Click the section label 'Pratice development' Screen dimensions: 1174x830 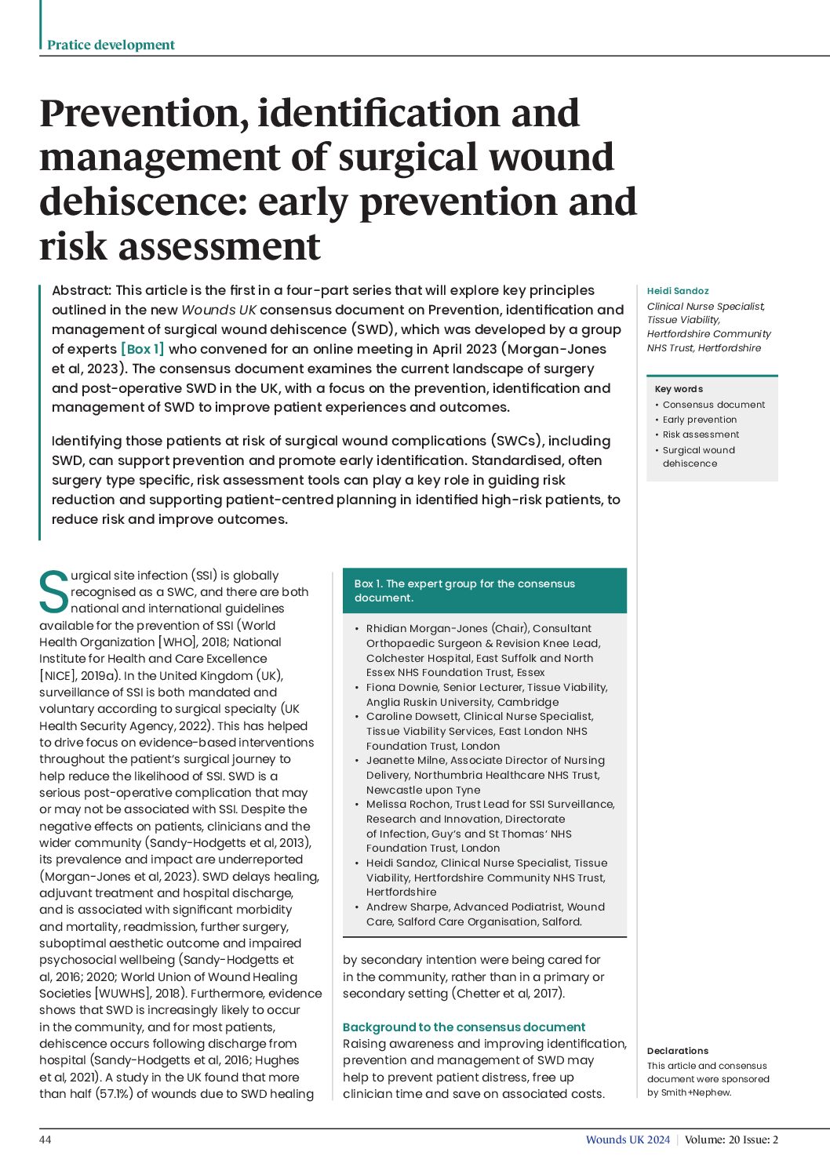[x=111, y=45]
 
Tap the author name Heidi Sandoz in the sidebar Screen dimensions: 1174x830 [x=677, y=291]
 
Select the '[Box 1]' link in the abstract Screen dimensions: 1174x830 [x=142, y=349]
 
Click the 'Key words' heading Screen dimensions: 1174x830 [x=679, y=389]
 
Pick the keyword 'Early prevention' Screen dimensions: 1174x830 [x=699, y=420]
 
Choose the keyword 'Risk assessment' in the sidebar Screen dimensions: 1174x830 [x=701, y=434]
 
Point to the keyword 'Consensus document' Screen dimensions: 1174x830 [x=713, y=405]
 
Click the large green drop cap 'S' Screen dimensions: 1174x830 [x=53, y=592]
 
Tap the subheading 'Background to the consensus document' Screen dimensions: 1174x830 [x=464, y=1027]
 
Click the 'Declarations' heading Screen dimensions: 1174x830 [x=677, y=1051]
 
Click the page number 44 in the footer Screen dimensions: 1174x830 [x=46, y=1139]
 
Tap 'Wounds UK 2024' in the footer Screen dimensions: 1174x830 [x=628, y=1139]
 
